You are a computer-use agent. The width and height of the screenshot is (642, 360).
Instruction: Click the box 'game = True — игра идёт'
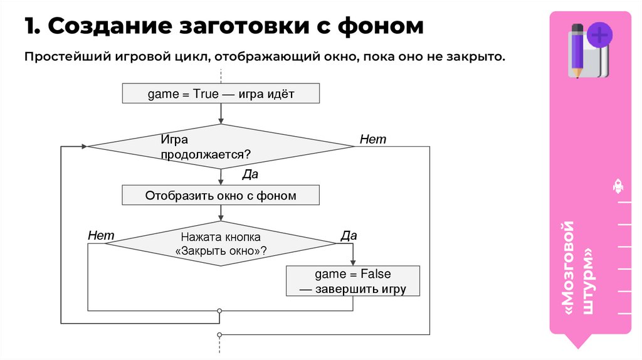[x=221, y=94]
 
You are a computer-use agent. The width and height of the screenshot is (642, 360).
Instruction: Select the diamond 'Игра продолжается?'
[x=221, y=147]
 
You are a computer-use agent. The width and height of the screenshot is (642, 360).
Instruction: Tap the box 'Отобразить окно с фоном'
[x=221, y=196]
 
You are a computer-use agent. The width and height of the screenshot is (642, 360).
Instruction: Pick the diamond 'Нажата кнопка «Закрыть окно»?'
[x=221, y=243]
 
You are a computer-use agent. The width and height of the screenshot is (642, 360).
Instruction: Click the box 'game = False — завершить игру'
[x=352, y=282]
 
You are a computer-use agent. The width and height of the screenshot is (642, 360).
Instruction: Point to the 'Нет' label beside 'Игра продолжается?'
[x=373, y=139]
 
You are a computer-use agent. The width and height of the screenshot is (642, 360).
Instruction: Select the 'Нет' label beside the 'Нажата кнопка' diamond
[x=101, y=235]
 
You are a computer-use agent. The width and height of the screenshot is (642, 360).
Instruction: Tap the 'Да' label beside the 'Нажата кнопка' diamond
[x=349, y=236]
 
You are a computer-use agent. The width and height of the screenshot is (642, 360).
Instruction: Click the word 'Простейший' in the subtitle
[x=68, y=57]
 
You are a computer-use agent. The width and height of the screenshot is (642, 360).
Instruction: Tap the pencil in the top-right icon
[x=576, y=50]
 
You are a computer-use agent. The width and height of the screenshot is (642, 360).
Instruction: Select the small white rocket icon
[x=618, y=186]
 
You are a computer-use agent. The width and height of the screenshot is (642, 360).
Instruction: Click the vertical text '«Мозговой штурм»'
[x=577, y=267]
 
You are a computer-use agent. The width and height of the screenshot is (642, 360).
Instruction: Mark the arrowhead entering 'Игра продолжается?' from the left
[x=83, y=147]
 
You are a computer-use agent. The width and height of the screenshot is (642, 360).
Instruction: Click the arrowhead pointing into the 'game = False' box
[x=352, y=263]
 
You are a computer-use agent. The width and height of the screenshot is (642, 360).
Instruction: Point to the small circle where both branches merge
[x=219, y=310]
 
